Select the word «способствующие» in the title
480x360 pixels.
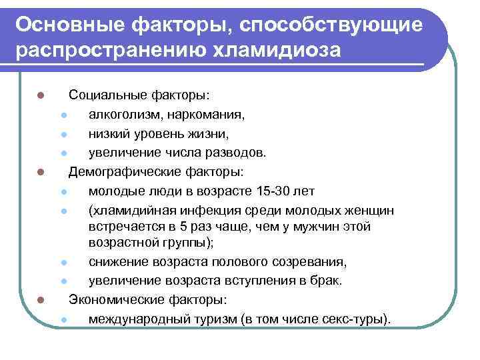pyautogui.click(x=333, y=25)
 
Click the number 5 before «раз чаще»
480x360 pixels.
pyautogui.click(x=184, y=227)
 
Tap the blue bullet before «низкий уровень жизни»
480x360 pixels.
pyautogui.click(x=62, y=134)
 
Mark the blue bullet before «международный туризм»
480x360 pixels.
pyautogui.click(x=62, y=319)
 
